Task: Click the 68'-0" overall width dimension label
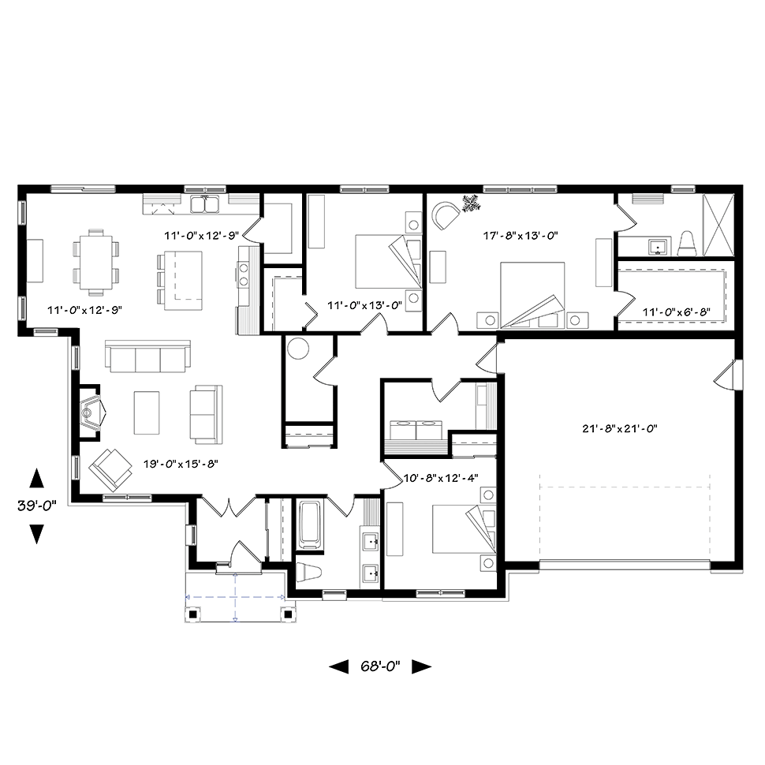click(380, 666)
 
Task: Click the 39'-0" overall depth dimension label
click(36, 506)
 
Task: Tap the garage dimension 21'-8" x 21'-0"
click(620, 429)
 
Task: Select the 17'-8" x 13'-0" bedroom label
click(520, 236)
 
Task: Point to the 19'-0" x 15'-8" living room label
click(181, 464)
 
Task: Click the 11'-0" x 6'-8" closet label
click(676, 312)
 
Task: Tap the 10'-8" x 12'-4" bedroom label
click(441, 478)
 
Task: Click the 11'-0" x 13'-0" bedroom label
click(364, 305)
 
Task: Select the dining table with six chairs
click(96, 262)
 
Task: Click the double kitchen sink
click(205, 204)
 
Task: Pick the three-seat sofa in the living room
click(147, 356)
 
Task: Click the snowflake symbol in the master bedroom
click(472, 203)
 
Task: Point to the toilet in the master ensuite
click(687, 243)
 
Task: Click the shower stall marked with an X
click(718, 225)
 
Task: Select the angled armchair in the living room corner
click(110, 470)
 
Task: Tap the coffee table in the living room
click(147, 412)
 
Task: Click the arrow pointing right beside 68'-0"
click(421, 666)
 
